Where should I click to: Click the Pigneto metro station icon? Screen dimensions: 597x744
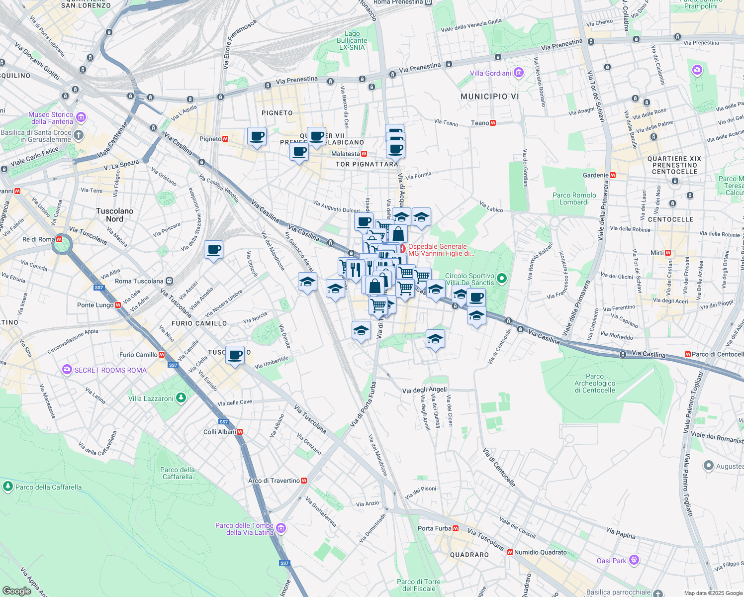click(x=225, y=139)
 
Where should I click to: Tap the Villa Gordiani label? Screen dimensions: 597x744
click(x=490, y=73)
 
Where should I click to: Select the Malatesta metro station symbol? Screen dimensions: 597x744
click(x=364, y=154)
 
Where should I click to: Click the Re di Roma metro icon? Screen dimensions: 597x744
click(x=59, y=239)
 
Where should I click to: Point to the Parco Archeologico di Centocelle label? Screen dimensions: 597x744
click(x=595, y=383)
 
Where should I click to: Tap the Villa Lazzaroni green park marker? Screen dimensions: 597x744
click(x=181, y=398)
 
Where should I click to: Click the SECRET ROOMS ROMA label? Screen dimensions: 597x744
click(x=110, y=370)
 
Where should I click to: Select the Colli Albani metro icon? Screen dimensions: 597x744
click(x=240, y=432)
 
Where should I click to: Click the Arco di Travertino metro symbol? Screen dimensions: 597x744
click(x=304, y=481)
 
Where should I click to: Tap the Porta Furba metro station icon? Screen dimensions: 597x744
click(x=456, y=528)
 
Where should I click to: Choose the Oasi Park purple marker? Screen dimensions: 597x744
click(x=634, y=560)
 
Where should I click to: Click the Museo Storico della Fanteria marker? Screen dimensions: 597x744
click(x=81, y=117)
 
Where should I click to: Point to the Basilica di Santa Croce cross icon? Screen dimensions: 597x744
click(x=79, y=135)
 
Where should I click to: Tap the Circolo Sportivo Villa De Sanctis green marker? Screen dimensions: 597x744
click(x=501, y=279)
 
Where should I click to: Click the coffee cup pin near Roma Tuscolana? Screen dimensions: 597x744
click(x=213, y=250)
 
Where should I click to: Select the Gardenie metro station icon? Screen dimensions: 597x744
click(x=613, y=175)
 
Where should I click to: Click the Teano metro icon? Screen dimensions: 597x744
click(x=493, y=123)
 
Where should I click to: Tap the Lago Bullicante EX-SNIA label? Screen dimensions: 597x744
click(x=352, y=41)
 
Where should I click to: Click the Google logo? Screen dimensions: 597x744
click(x=17, y=591)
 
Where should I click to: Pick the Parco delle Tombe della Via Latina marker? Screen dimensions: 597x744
click(x=281, y=528)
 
